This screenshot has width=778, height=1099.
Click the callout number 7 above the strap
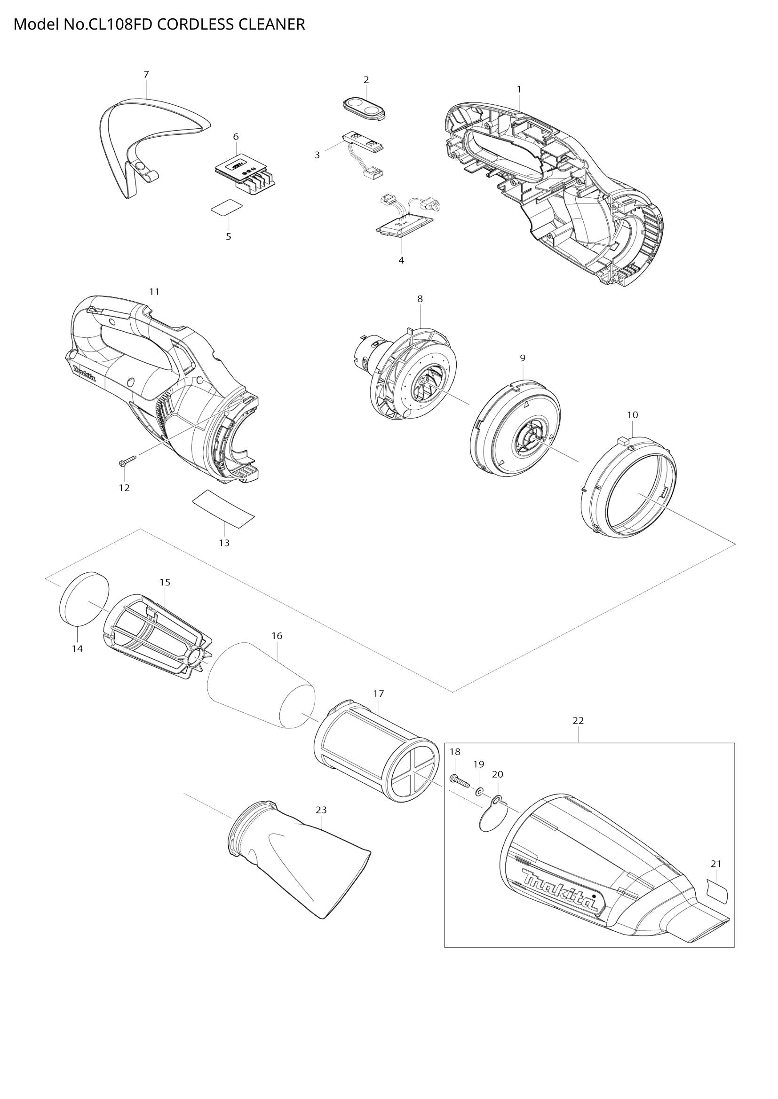(146, 74)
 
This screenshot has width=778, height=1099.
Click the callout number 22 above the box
(578, 734)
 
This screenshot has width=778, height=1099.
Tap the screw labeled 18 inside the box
(460, 781)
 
